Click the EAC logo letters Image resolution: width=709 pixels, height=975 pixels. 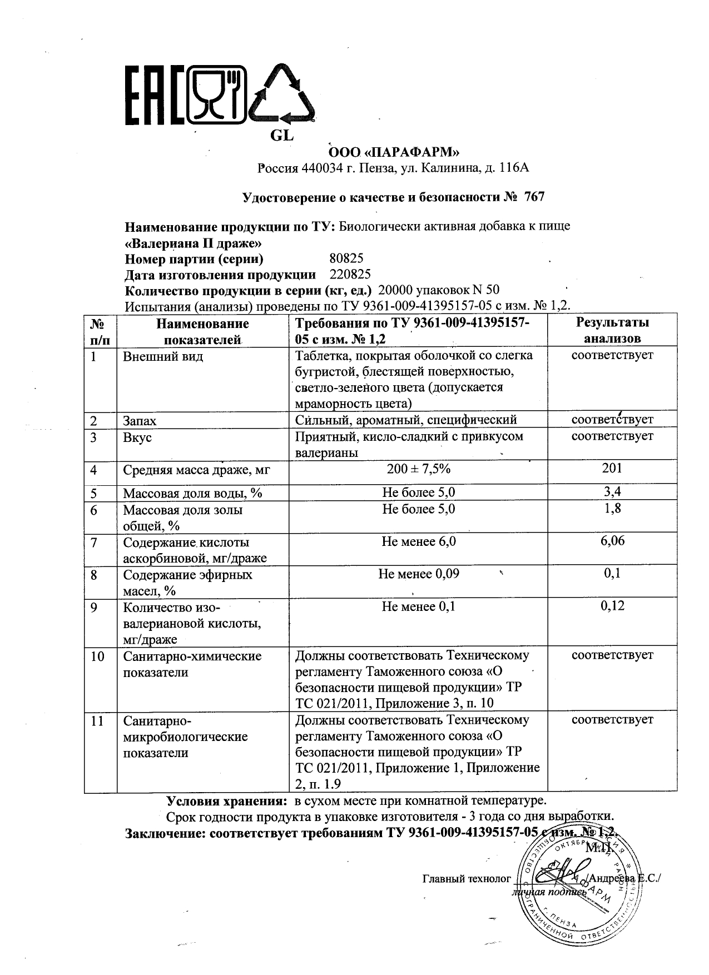(155, 96)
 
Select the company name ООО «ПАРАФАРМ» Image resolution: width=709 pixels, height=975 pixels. (394, 152)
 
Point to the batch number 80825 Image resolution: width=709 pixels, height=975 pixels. (346, 258)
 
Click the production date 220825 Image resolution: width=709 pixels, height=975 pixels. (350, 274)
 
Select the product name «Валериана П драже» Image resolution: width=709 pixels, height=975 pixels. (192, 243)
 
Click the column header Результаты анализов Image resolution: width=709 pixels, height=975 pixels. (612, 330)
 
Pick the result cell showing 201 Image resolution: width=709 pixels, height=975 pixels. (612, 468)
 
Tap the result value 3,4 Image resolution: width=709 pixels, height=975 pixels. (612, 491)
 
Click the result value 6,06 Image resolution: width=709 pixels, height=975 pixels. (612, 540)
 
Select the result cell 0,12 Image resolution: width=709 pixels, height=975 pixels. (612, 605)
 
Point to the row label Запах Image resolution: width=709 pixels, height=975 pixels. (140, 421)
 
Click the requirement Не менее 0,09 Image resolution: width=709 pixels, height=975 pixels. (418, 574)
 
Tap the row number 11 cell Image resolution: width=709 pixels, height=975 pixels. (97, 721)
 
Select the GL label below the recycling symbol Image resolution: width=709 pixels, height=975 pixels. (281, 135)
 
